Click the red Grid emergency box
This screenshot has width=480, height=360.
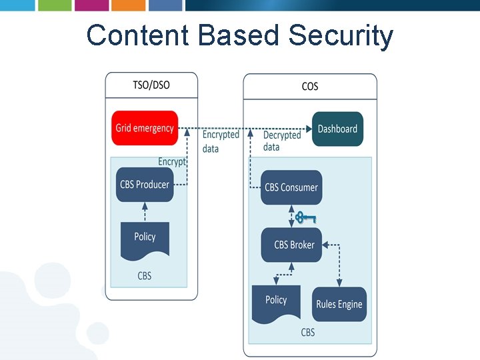point(145,128)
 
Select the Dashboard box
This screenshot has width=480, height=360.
point(337,129)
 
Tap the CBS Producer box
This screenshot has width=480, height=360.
point(145,185)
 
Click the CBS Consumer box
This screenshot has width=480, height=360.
point(291,187)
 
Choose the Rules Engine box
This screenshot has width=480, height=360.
point(339,304)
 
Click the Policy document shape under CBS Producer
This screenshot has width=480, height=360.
point(145,239)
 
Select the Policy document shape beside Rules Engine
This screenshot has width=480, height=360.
point(276,302)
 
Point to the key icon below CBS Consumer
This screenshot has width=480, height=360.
point(305,217)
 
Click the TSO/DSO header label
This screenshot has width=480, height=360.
point(151,85)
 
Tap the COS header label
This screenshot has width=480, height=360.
point(310,87)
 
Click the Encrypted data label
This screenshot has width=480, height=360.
point(220,141)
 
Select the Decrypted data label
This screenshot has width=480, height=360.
point(281,141)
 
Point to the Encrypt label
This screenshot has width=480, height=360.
point(171,162)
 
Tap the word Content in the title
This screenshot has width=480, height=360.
point(139,35)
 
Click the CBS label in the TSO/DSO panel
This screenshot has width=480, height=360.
point(145,275)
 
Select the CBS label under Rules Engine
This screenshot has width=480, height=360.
point(307,332)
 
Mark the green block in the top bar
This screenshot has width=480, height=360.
point(53,5)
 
